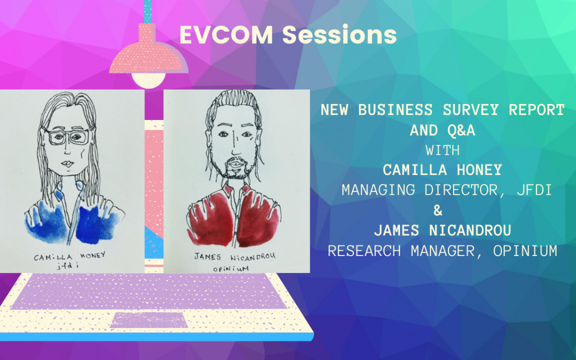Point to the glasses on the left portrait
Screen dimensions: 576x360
coord(68,135)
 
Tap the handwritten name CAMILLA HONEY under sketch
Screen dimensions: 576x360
coord(70,256)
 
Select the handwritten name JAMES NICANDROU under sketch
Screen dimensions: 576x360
coord(235,256)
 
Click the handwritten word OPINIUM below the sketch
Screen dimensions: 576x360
coord(231,269)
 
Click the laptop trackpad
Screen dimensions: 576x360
coord(149,320)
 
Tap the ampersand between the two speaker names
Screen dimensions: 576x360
coord(438,211)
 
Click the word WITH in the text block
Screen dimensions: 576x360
coord(443,150)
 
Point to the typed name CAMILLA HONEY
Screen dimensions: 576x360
coord(442,170)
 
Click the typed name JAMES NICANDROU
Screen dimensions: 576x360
coord(443,231)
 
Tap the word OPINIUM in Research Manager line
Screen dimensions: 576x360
coord(525,251)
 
